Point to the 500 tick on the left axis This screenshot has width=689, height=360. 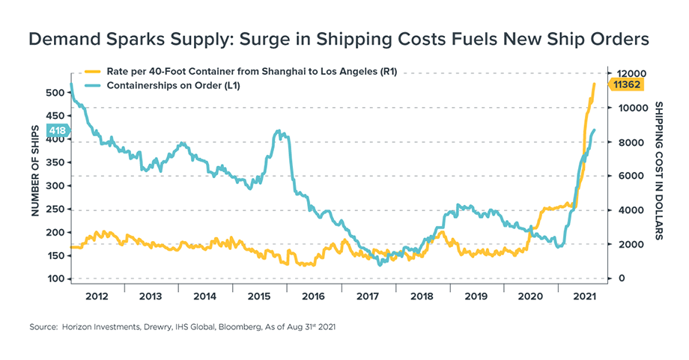[x=56, y=93]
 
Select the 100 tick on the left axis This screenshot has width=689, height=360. [x=56, y=279]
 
